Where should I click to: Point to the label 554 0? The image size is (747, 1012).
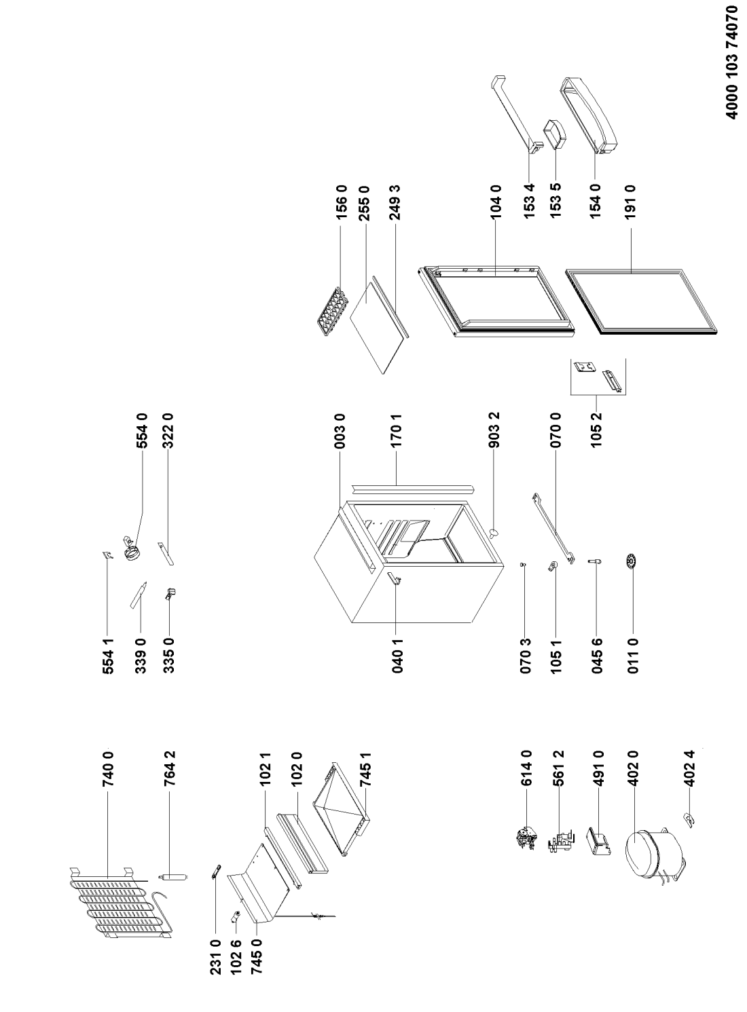pos(142,430)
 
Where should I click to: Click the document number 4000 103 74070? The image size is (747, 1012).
pos(730,70)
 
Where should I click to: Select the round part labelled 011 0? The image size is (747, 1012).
pos(632,561)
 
